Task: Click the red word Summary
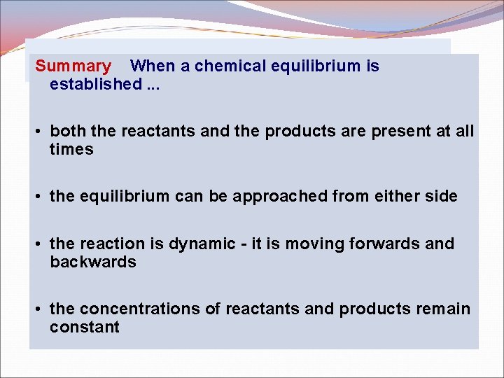73,66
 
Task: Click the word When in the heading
153,66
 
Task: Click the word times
71,150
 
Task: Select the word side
441,197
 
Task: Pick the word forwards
387,244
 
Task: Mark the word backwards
93,262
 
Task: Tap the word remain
443,309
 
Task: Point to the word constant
85,328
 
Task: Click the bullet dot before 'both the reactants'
41,132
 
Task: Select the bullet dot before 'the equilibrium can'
41,197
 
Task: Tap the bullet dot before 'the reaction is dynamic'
41,244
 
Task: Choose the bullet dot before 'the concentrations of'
41,309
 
